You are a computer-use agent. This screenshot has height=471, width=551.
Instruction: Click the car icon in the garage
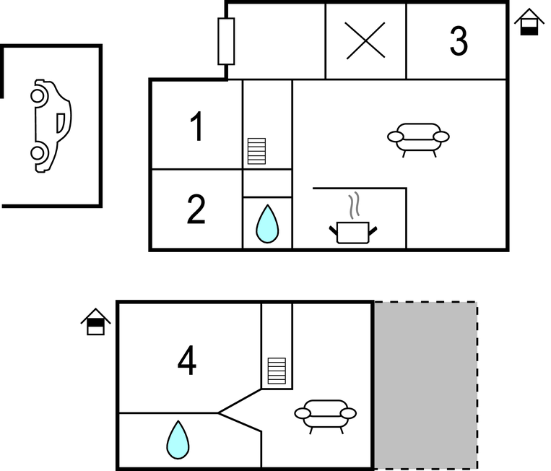51,126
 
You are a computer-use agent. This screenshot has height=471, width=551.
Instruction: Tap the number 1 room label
196,126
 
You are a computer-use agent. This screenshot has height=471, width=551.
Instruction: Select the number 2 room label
196,209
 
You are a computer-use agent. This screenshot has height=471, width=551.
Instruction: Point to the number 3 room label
459,41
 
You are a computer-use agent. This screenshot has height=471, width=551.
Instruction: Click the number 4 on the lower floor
187,360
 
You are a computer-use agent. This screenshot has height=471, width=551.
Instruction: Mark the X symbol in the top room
365,40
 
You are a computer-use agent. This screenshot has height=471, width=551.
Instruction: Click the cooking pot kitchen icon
353,233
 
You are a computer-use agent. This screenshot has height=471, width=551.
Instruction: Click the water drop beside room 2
267,224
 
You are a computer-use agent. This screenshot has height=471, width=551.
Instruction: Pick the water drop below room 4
178,440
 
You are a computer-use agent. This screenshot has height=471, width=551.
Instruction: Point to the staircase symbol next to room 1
256,151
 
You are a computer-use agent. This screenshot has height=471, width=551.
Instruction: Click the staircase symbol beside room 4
277,371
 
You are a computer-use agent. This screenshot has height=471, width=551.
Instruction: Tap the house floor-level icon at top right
529,22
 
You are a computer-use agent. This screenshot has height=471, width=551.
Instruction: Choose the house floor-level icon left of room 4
95,321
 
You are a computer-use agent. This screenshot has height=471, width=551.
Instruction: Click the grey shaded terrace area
425,385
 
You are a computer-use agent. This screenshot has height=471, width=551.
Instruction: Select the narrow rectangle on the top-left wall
226,41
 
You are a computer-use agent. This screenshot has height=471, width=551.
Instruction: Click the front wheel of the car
38,96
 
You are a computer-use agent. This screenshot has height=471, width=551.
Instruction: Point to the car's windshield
61,123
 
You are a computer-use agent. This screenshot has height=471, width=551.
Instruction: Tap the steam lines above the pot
355,205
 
